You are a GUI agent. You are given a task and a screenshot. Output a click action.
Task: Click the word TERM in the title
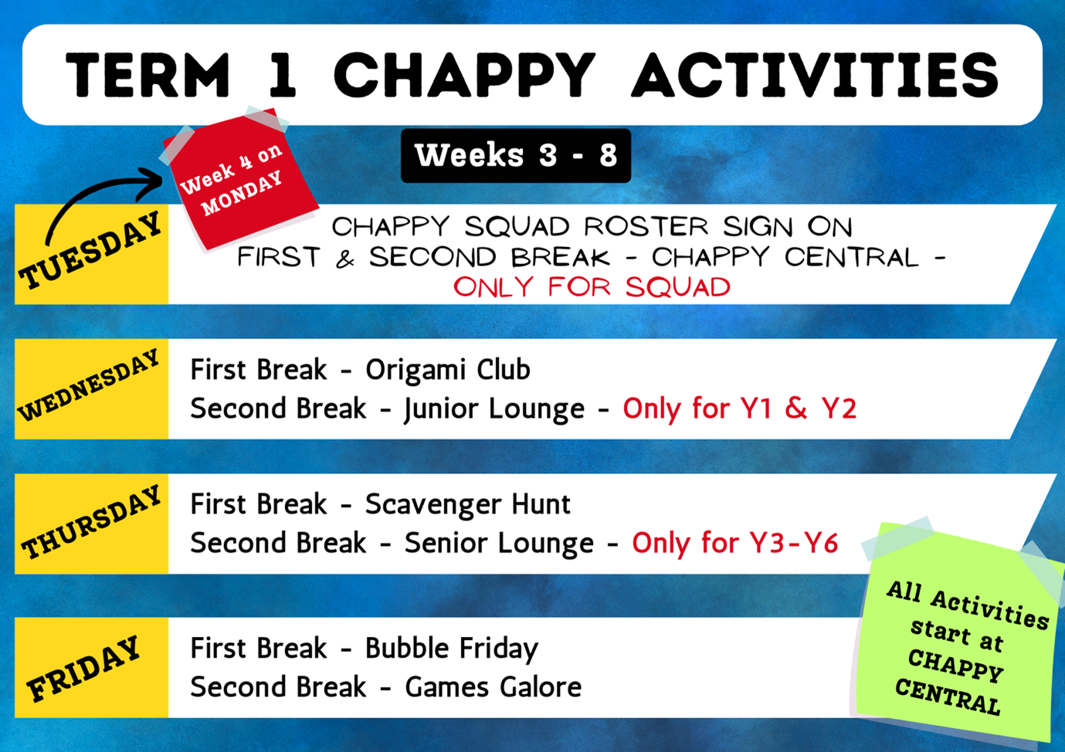point(148,75)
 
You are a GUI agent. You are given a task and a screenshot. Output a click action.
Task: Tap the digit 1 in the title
point(283,75)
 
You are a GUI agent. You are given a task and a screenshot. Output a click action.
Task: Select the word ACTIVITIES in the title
point(815,75)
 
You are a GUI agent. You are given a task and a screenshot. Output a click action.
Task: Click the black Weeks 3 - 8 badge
point(516,155)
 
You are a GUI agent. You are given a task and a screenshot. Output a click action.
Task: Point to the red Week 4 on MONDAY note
point(241,179)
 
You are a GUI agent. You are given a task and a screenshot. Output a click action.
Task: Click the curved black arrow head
point(152,183)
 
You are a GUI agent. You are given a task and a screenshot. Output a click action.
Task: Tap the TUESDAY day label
point(90,250)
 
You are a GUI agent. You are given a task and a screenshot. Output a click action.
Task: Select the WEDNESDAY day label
point(89,385)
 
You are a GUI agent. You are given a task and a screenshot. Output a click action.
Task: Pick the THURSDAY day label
point(91,522)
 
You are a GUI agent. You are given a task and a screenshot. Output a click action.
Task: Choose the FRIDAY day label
point(83,669)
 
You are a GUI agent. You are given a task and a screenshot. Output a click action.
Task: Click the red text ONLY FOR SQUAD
point(592,287)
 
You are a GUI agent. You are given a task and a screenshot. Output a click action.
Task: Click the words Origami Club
point(447,370)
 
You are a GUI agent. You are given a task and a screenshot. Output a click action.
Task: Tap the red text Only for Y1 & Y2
point(740,408)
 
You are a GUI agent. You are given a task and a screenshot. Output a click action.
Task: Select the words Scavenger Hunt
point(467,504)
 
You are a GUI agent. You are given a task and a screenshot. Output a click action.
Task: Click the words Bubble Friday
point(452,649)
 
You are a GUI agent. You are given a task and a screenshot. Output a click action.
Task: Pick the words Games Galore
point(493,687)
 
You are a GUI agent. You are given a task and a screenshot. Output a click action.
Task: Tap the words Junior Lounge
point(494,408)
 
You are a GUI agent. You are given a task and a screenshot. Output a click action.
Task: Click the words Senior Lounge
point(499,543)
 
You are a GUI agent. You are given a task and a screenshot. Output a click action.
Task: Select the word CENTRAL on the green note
point(948,696)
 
